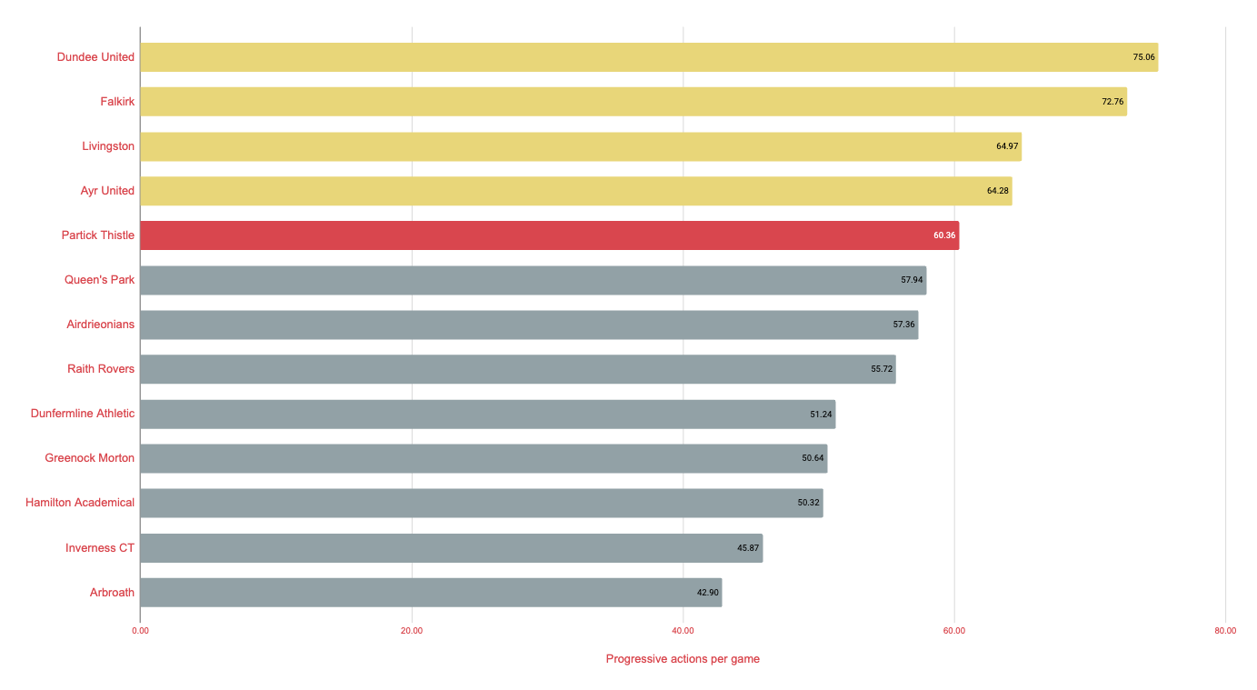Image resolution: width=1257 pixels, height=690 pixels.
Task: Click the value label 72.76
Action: [1112, 102]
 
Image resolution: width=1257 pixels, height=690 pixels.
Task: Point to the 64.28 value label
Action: [998, 191]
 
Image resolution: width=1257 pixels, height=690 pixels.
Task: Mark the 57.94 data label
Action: [912, 280]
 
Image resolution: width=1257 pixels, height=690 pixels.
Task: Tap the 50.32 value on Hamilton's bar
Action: [809, 503]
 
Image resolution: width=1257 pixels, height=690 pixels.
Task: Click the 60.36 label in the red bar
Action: [944, 235]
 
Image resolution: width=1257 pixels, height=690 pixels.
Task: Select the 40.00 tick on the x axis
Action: [683, 631]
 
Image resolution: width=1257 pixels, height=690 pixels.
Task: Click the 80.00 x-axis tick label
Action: [1224, 631]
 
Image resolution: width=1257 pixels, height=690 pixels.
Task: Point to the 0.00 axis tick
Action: [140, 631]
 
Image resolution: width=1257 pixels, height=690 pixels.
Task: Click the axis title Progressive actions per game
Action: [683, 659]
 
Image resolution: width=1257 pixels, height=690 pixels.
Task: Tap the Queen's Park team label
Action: [99, 280]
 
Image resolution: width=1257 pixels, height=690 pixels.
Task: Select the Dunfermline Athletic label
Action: [82, 414]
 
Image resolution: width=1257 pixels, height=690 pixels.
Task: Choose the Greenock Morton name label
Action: [89, 458]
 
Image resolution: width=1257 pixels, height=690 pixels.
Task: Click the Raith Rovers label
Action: [100, 369]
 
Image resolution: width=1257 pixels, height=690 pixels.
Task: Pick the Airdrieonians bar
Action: [528, 325]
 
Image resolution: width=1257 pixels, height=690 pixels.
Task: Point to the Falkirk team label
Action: [117, 102]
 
